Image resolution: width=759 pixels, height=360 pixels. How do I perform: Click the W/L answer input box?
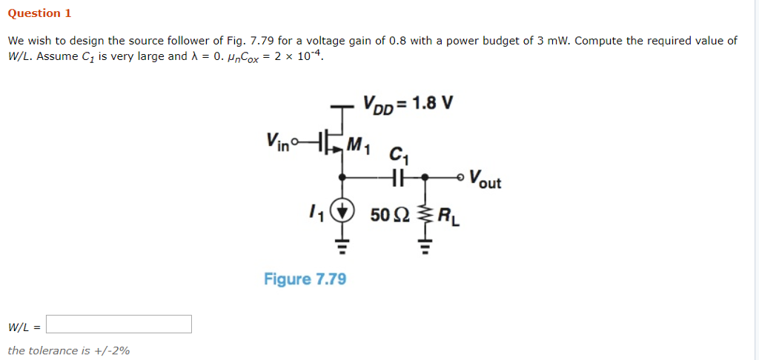tap(119, 324)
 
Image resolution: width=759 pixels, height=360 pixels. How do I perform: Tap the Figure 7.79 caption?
tap(305, 279)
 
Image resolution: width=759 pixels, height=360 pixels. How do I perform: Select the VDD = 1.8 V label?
tap(407, 101)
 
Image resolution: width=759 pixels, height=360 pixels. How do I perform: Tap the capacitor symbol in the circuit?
tap(398, 178)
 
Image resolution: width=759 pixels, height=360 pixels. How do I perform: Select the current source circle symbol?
tap(342, 213)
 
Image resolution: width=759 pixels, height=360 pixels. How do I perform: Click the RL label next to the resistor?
tap(448, 217)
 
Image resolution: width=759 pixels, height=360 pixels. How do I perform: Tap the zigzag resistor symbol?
tap(425, 216)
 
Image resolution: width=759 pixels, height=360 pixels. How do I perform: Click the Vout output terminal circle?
tap(460, 178)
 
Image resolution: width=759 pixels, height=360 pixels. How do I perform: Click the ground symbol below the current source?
tap(342, 244)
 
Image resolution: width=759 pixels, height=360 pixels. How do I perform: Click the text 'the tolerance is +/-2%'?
tap(69, 350)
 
